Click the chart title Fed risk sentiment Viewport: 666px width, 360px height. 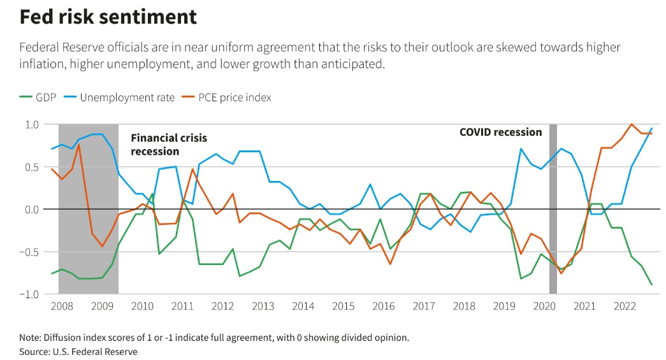coord(108,17)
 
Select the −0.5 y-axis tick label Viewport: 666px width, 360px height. coord(31,252)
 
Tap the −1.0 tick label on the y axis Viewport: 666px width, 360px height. coord(31,294)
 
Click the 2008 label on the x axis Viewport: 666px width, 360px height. coord(61,306)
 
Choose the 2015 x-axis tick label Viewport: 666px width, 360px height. coord(344,306)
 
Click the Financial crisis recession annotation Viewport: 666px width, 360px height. coord(169,145)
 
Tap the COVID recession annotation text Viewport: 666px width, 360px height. coord(501,133)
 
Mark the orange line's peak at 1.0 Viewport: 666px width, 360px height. coord(632,124)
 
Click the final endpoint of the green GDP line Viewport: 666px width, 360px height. coord(652,284)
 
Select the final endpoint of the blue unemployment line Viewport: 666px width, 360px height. coord(652,128)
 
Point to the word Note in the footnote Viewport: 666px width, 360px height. coord(31,337)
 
